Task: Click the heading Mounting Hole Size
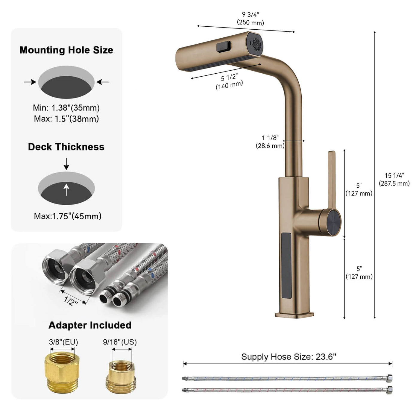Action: point(66,50)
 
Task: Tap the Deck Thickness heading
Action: point(66,147)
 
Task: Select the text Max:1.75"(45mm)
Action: point(68,216)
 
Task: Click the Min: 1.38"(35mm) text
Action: point(66,108)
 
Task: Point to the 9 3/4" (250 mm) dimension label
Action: point(251,19)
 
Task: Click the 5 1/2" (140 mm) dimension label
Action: point(229,81)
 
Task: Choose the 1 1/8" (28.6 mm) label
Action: point(270,142)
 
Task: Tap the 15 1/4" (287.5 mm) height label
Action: point(394,180)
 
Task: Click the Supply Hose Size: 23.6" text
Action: point(289,357)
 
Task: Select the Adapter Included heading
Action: point(90,325)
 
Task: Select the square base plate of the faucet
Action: point(294,314)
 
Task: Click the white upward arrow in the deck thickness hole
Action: point(66,189)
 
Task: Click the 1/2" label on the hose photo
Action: point(71,301)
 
